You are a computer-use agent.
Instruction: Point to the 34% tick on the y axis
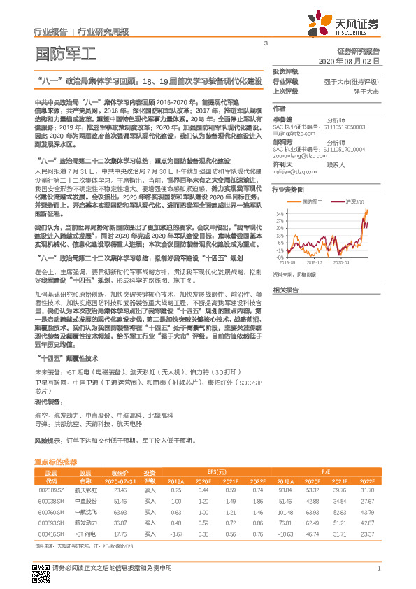click(280, 213)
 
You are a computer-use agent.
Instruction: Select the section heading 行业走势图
click(288, 190)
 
